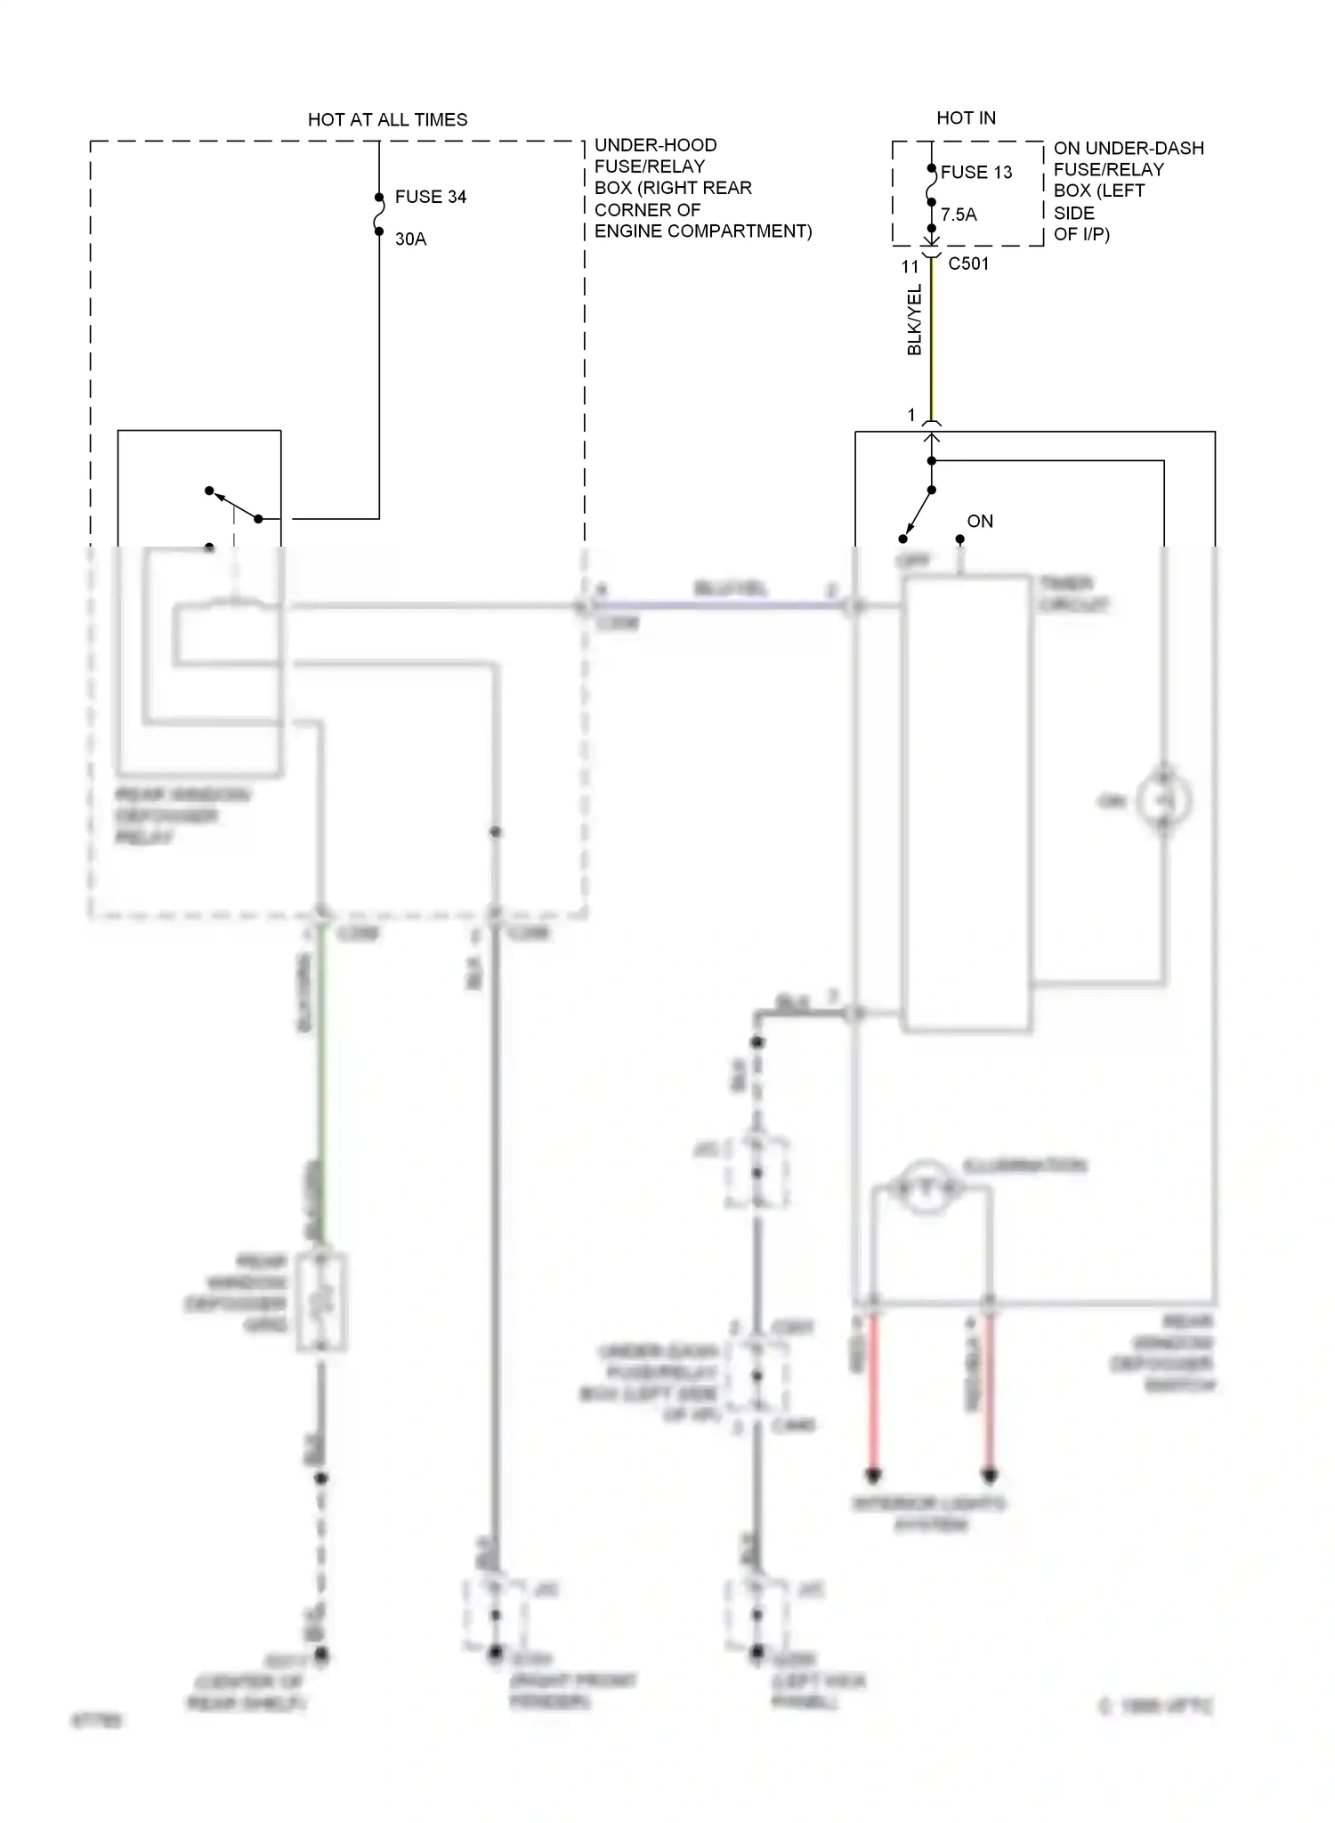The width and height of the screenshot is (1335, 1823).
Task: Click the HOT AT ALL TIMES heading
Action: [387, 119]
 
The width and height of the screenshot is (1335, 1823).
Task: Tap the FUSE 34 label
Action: [431, 197]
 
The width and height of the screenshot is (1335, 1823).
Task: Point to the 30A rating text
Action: [410, 239]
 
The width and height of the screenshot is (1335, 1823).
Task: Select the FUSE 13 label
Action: [976, 173]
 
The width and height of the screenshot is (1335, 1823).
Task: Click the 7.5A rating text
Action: [959, 215]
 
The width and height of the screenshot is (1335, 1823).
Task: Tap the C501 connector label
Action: [968, 263]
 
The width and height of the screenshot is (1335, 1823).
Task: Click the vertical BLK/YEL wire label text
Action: [914, 320]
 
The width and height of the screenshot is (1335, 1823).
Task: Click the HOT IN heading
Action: [966, 117]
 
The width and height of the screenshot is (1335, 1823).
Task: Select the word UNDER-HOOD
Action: [655, 145]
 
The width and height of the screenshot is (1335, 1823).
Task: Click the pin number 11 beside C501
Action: [910, 266]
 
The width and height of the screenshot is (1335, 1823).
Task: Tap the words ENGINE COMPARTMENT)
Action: [703, 231]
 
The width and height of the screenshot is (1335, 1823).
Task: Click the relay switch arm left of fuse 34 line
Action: [233, 504]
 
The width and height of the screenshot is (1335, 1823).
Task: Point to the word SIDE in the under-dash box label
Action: [1074, 213]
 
